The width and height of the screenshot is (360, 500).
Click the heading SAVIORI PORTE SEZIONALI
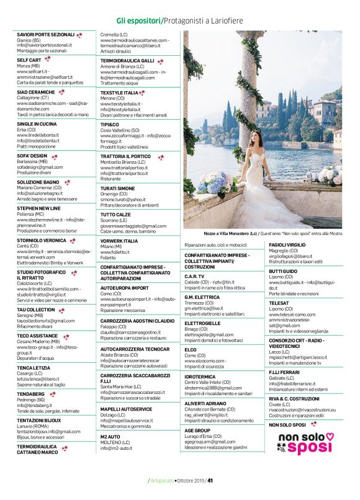click(x=45, y=35)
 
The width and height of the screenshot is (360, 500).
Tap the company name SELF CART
click(x=29, y=60)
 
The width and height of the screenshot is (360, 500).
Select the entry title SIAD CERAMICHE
click(x=36, y=92)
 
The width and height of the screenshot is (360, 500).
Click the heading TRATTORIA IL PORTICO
click(x=125, y=156)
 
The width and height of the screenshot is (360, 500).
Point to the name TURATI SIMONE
click(x=117, y=188)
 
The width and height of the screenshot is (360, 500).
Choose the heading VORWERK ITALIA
click(x=119, y=241)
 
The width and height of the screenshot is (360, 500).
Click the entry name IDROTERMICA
click(x=200, y=377)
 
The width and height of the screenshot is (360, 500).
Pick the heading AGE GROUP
click(x=197, y=430)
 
